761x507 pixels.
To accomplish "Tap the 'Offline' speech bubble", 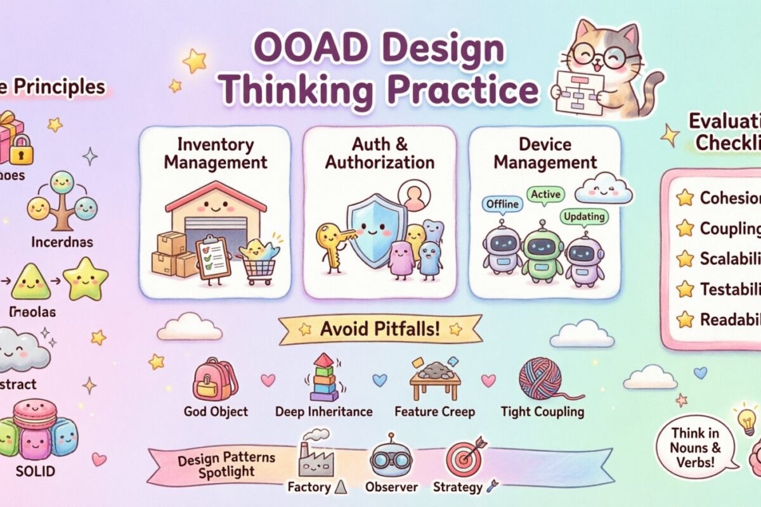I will point(502,204).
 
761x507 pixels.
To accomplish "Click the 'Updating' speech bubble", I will point(583,217).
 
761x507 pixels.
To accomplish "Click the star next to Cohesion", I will point(685,198).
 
